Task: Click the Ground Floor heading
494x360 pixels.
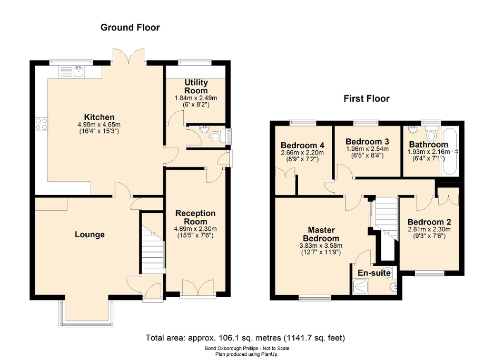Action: pyautogui.click(x=130, y=27)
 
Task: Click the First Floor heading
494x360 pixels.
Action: pyautogui.click(x=366, y=99)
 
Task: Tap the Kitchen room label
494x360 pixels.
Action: pyautogui.click(x=100, y=117)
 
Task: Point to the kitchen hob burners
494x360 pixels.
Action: pyautogui.click(x=41, y=124)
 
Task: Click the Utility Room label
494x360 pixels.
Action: pyautogui.click(x=196, y=86)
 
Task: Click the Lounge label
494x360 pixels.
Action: pyautogui.click(x=90, y=235)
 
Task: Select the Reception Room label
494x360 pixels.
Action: pyautogui.click(x=195, y=217)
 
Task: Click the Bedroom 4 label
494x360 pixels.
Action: pyautogui.click(x=302, y=145)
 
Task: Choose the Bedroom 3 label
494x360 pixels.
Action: pyautogui.click(x=367, y=141)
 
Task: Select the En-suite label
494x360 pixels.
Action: pyautogui.click(x=374, y=273)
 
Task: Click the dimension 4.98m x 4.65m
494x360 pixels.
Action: pyautogui.click(x=99, y=125)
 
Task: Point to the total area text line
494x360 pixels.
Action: pyautogui.click(x=245, y=337)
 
